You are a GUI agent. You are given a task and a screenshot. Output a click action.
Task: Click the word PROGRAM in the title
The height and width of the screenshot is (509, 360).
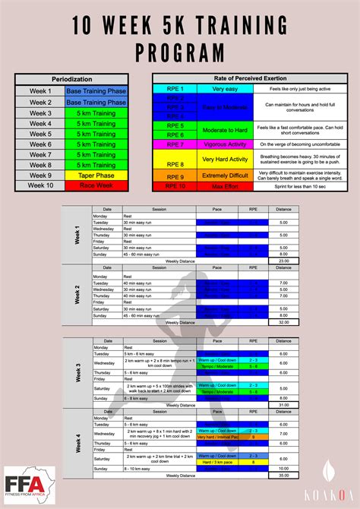pos(180,52)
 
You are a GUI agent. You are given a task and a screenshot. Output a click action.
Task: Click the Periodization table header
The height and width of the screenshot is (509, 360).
pos(72,79)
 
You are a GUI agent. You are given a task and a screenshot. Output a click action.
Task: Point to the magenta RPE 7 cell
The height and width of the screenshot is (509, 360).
pos(175,144)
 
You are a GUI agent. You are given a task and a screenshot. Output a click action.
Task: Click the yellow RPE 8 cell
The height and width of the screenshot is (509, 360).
pos(175,163)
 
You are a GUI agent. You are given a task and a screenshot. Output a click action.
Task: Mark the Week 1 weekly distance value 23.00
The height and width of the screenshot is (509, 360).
pos(283,260)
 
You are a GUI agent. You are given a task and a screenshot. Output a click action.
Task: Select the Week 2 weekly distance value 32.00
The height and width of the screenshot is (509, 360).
pos(283,321)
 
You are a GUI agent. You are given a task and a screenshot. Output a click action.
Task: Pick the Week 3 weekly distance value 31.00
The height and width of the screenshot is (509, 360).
pos(283,404)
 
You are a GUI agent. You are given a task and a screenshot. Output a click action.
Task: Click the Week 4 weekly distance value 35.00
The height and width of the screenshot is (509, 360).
pos(283,475)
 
